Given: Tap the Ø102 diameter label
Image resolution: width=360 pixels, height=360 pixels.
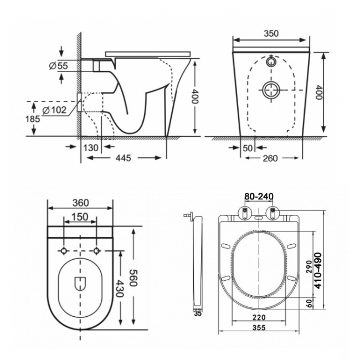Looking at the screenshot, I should point(54,110).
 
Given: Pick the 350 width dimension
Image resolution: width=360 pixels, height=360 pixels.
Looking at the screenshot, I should point(270,33).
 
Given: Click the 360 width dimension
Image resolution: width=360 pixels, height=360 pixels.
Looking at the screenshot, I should point(81,203).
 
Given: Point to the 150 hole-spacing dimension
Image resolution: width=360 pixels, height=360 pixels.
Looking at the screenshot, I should point(81,217).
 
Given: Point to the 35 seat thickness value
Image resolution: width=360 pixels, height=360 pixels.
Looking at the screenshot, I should point(198,313).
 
